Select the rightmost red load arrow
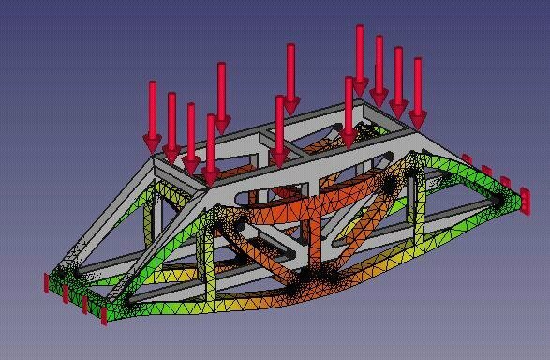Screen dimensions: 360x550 coord(417,89)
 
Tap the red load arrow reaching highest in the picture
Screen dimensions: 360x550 coord(359,56)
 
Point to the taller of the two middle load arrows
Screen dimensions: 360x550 coord(290,75)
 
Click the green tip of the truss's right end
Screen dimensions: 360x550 coord(514,201)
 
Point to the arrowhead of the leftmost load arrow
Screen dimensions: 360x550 coord(152,142)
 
